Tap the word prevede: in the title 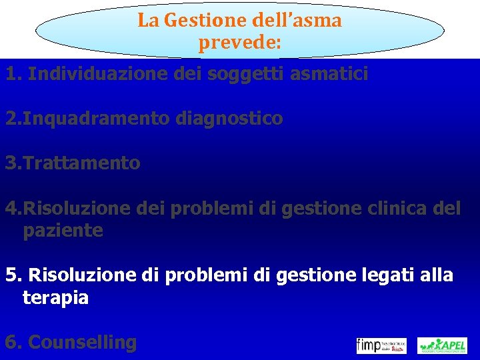(239, 44)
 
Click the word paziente (63, 231)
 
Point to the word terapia (55, 297)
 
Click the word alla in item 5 (436, 275)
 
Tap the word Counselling (83, 343)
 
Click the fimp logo (381, 345)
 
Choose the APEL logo (442, 345)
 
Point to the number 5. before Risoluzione (13, 275)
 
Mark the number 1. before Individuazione (13, 74)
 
